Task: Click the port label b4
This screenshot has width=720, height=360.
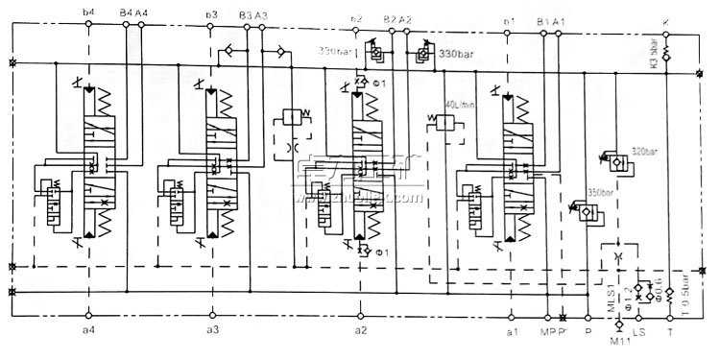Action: [x=89, y=12]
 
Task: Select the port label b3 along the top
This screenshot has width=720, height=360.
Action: [x=211, y=14]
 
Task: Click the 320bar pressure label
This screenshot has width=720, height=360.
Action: [x=644, y=150]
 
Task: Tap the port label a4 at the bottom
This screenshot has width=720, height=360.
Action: [x=88, y=329]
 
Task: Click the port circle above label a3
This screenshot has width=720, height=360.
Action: [x=212, y=317]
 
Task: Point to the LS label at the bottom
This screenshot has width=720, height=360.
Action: [x=638, y=331]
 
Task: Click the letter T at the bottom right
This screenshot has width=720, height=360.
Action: [x=670, y=331]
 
